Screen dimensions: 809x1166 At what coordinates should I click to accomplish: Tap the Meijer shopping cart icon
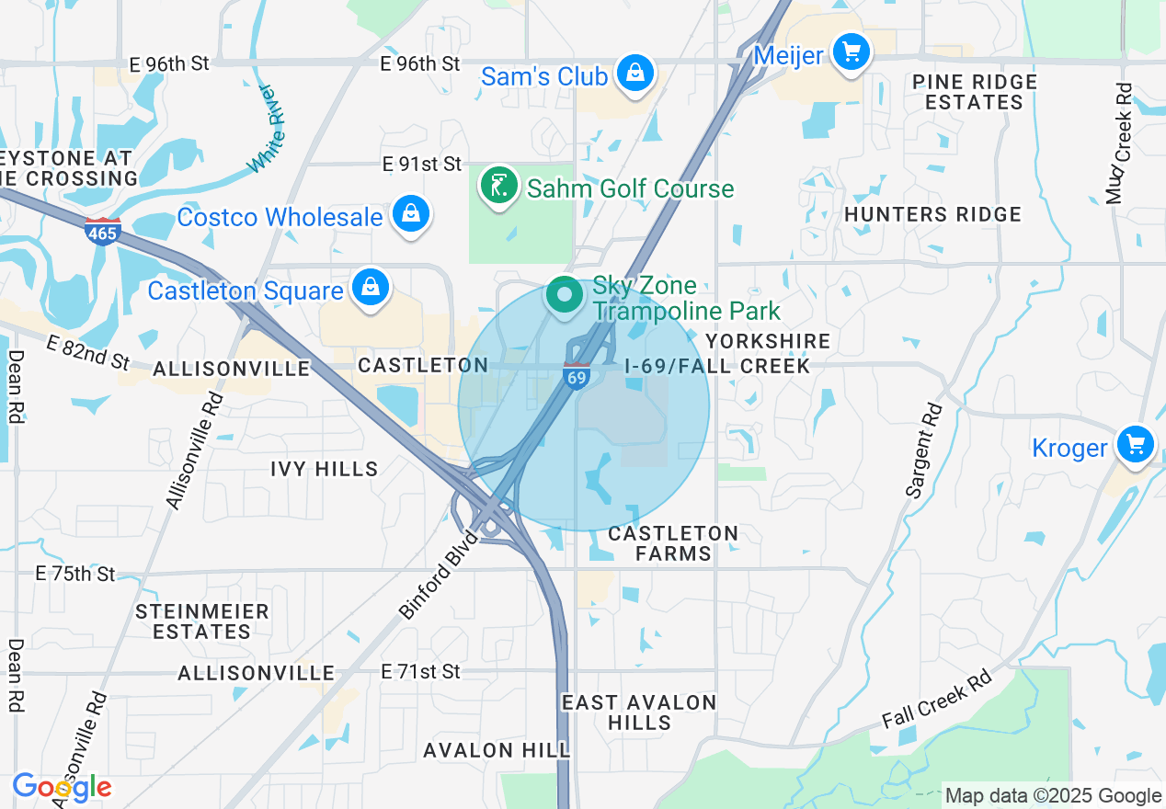tap(852, 51)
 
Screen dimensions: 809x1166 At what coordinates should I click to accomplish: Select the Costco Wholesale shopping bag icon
tap(411, 215)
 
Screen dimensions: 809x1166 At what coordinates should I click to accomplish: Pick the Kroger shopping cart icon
tap(1136, 446)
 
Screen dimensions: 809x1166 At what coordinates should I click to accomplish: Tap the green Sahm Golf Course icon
tap(498, 187)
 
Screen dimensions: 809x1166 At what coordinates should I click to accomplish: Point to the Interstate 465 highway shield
tap(102, 232)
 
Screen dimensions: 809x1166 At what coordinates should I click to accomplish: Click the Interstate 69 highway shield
tap(577, 376)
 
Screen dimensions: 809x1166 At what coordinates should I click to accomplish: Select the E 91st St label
tap(422, 165)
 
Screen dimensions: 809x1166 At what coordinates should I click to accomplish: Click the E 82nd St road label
tap(88, 353)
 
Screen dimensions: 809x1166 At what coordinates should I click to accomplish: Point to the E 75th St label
tap(75, 574)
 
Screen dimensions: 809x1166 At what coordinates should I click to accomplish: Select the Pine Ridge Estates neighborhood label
tap(974, 92)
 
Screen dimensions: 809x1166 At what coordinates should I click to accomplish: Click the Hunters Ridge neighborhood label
tap(932, 214)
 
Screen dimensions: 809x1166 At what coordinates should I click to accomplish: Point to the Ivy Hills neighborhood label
tap(325, 469)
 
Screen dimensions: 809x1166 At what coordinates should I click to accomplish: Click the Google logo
tap(62, 787)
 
